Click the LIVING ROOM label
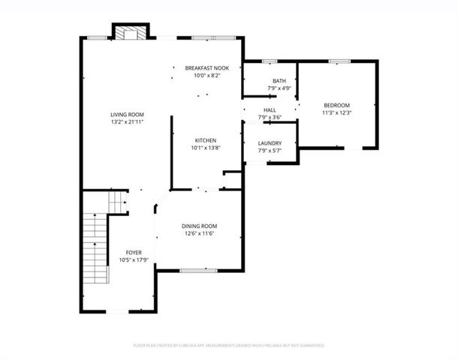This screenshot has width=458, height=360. click(x=126, y=113)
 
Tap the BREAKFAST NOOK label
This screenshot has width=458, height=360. click(x=206, y=68)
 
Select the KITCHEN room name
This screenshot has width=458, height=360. click(x=206, y=140)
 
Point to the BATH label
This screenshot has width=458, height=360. click(x=279, y=81)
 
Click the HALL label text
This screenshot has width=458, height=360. click(x=269, y=109)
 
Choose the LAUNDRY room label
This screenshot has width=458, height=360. click(x=270, y=142)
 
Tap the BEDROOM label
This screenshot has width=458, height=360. click(x=336, y=105)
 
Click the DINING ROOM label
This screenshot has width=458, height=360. click(x=199, y=226)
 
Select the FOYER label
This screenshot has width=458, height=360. click(x=134, y=253)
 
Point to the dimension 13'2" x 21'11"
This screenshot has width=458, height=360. click(x=126, y=121)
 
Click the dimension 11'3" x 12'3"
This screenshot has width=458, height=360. click(x=336, y=112)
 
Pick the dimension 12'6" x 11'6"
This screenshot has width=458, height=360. click(x=199, y=234)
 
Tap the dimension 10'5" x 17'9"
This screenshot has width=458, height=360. click(x=134, y=260)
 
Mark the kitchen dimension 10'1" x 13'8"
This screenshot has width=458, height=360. click(x=206, y=148)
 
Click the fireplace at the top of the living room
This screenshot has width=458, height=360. click(x=127, y=32)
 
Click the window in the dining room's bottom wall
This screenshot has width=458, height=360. click(x=193, y=270)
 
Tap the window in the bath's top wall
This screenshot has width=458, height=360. click(x=270, y=60)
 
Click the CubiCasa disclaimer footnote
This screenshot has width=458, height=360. click(x=228, y=346)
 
